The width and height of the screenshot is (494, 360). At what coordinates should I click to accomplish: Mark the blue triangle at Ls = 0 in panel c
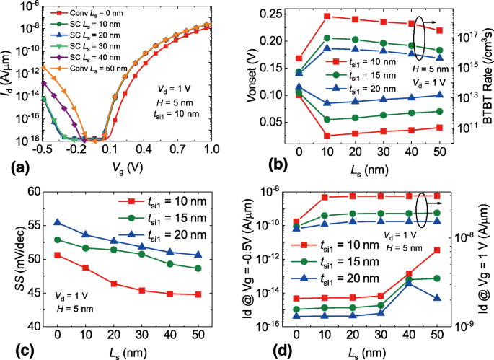click(57, 223)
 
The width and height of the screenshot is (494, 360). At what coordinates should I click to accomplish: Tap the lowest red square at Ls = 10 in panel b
click(327, 135)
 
